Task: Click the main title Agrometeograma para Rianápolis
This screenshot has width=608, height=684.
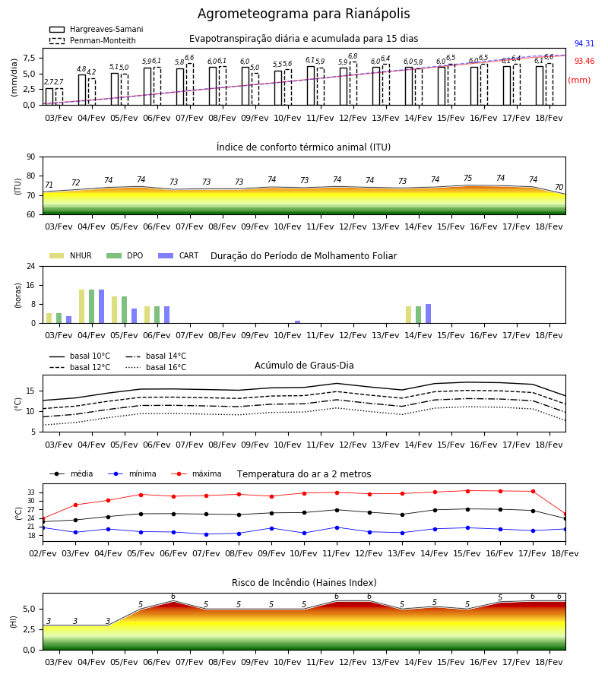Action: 303,14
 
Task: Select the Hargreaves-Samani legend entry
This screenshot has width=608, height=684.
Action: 96,29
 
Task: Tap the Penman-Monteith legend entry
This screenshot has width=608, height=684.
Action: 93,40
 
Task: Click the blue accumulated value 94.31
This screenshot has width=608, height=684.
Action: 584,43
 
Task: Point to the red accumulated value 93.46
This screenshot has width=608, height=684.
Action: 584,61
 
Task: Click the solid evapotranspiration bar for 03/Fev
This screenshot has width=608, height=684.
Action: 49,97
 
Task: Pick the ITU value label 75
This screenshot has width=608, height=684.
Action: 467,178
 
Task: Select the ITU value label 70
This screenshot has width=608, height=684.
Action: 559,187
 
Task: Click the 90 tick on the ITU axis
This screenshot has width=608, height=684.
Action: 31,157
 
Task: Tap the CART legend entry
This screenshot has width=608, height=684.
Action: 179,255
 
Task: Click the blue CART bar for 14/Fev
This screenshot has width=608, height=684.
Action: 429,314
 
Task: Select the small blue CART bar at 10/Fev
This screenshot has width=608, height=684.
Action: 297,322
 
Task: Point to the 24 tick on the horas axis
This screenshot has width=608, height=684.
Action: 31,266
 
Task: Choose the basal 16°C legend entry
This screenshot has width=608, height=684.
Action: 156,367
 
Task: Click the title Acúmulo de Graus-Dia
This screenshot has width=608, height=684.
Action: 304,366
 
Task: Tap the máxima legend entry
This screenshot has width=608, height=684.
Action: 196,473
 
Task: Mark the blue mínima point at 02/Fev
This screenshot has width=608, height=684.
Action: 43,528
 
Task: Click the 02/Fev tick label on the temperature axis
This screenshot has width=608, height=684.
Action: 43,553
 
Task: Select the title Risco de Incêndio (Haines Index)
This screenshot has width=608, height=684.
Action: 304,583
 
